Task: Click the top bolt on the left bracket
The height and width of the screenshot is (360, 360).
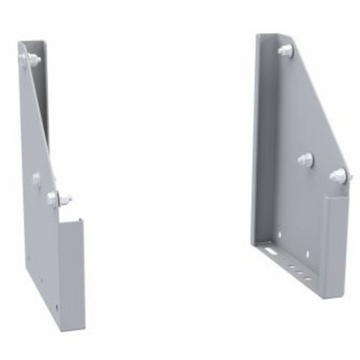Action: (31, 60)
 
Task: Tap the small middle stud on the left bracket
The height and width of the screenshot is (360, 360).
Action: (36, 179)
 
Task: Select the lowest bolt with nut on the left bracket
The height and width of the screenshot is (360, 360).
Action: (55, 199)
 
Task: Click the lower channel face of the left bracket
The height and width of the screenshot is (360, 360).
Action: (71, 268)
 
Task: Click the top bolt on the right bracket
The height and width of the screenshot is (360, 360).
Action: (285, 51)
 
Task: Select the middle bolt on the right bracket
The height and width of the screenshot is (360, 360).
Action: (305, 159)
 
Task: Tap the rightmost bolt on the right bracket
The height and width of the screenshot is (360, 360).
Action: (338, 176)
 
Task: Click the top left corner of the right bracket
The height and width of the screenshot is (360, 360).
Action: (257, 36)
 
